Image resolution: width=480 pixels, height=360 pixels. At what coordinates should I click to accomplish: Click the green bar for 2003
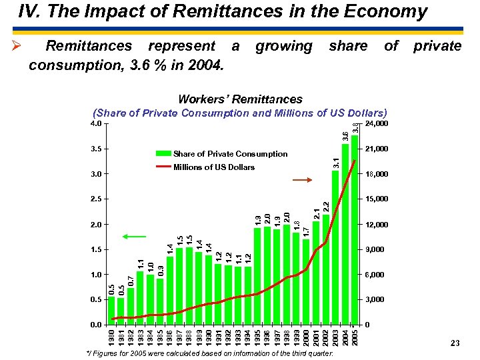(335, 247)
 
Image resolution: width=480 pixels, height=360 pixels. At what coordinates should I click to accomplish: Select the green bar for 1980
(111, 311)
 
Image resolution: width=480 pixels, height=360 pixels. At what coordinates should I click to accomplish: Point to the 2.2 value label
(326, 207)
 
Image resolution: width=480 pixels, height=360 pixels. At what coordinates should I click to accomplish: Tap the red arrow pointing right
(302, 180)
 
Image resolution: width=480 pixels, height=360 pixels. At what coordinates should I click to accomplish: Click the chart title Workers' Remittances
(240, 99)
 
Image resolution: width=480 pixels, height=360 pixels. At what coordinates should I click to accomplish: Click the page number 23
(455, 343)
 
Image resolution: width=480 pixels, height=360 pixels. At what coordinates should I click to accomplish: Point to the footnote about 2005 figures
(210, 353)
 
